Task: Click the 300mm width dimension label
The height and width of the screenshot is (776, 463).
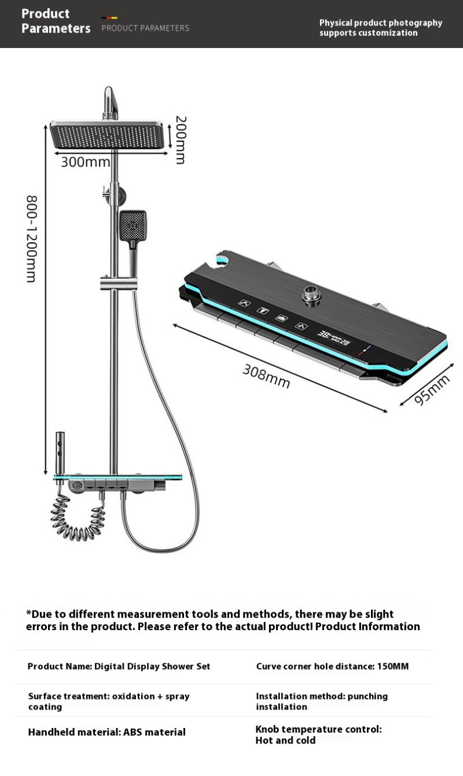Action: pos(85,162)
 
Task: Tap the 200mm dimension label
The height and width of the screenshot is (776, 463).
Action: pos(181,139)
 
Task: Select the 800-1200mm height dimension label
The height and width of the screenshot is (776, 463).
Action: pos(31,239)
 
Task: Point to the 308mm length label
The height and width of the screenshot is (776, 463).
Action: pos(266,376)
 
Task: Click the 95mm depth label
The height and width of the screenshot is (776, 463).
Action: pos(432,389)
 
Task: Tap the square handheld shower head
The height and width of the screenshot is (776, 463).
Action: pos(133,225)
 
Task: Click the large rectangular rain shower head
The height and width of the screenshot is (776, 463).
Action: pos(106,135)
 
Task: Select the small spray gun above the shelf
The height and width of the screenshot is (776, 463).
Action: pos(60,453)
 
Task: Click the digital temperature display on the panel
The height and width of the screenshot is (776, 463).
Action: pos(333,338)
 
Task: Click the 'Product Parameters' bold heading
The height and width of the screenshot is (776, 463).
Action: pos(56,21)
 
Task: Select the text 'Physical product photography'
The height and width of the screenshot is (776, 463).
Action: pos(381,23)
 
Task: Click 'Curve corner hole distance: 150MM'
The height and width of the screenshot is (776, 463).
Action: pos(332,666)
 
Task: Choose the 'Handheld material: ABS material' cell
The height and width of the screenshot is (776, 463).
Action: pos(106,732)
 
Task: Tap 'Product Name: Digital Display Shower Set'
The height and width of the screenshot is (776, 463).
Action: pos(119,667)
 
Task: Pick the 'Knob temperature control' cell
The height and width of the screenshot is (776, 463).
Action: pos(318,734)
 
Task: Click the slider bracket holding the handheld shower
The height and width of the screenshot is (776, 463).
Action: pos(119,283)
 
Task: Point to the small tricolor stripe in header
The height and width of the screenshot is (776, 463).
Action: pos(109,17)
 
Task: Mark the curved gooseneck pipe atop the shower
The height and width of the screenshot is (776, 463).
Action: pos(111,103)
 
